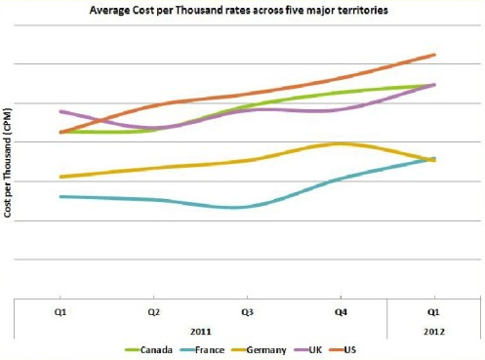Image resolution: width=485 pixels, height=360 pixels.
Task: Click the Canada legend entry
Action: pos(148,350)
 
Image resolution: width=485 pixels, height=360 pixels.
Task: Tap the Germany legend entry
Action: pos(259,350)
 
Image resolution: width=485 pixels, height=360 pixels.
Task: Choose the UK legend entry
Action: pos(308,350)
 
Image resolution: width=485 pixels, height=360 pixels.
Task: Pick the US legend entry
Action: pos(343,350)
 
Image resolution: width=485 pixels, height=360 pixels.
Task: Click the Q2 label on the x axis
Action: pos(153,312)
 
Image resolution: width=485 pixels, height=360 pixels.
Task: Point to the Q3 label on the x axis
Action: pos(247,312)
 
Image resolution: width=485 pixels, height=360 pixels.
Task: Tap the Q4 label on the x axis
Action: pos(341,312)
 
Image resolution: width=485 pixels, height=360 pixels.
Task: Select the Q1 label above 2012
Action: pos(433,312)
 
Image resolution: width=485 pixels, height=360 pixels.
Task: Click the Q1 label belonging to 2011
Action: pos(61,312)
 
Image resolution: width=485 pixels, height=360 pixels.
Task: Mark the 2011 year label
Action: pos(200,332)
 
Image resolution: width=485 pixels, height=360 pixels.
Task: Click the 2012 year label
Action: pos(434,332)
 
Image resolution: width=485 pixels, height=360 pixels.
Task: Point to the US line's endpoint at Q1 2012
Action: pos(434,55)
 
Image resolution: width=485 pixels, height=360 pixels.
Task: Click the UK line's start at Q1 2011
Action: pos(61,111)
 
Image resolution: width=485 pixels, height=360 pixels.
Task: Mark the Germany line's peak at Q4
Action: pos(339,143)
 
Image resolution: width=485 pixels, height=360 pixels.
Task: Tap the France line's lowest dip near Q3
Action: pos(235,208)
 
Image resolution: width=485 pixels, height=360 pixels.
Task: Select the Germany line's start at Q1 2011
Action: pos(61,177)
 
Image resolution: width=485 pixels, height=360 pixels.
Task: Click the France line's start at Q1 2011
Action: pos(61,196)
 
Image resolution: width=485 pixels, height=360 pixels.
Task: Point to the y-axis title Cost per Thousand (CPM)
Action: pos(7,162)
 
